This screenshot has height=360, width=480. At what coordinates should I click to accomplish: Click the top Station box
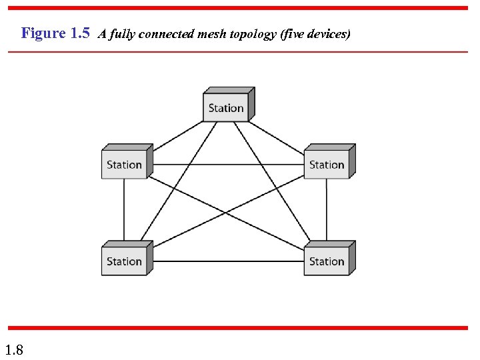[226, 107]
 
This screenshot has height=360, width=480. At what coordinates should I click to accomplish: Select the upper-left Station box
[125, 165]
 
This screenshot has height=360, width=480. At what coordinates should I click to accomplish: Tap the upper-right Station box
[327, 165]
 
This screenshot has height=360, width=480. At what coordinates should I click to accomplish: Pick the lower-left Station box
[125, 261]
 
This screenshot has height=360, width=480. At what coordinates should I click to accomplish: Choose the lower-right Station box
[327, 261]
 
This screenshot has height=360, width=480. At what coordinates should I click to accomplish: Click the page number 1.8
[14, 349]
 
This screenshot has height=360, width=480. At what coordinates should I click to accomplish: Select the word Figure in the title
[43, 33]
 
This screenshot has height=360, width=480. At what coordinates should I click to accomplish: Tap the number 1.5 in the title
[79, 33]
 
